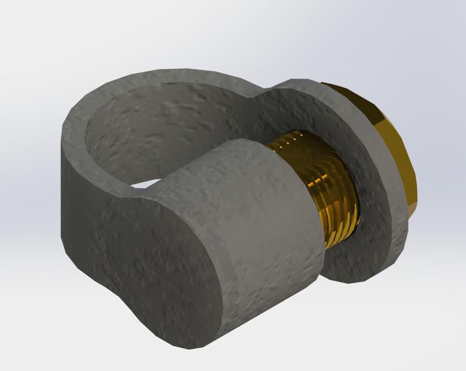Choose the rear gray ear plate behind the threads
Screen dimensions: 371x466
[x=373, y=192]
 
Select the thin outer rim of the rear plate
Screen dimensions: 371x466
[x=402, y=233]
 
